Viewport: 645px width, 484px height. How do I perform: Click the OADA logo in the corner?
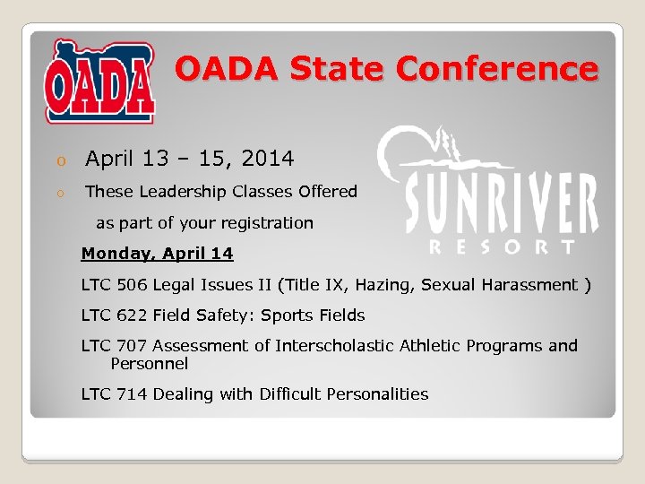coord(100,82)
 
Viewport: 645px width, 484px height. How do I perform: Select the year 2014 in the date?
coord(269,160)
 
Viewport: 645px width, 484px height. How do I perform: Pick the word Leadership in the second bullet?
coord(183,192)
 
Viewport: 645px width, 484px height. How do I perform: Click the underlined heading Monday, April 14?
coord(157,254)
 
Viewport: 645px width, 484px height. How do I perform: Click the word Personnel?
coord(149,364)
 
